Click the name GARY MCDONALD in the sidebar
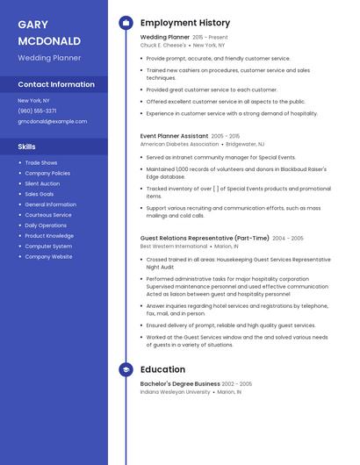tap(49, 32)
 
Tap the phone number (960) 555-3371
tap(37, 111)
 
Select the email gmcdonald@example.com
tap(53, 121)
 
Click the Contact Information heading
tap(56, 84)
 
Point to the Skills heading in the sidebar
tap(27, 147)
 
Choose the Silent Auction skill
tap(42, 183)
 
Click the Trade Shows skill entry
tap(41, 162)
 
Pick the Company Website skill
tap(48, 256)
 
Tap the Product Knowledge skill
tap(49, 235)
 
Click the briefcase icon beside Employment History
tap(126, 23)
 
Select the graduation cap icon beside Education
tap(126, 369)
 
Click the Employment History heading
tap(185, 23)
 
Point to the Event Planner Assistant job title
tap(174, 136)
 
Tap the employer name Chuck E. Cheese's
tap(163, 45)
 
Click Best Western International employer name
tap(174, 247)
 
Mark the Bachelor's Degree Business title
tap(180, 383)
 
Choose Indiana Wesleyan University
tap(175, 392)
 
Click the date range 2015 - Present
tap(210, 37)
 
